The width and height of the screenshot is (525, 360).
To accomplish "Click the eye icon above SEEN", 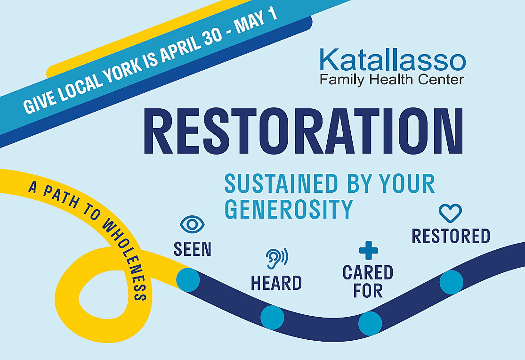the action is point(192,224).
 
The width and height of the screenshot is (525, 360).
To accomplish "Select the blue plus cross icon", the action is point(368,250).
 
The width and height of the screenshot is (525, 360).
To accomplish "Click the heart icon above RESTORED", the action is point(450,213).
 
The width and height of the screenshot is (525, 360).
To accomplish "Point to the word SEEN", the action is point(193,249).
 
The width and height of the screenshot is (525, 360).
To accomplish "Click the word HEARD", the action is point(276,283).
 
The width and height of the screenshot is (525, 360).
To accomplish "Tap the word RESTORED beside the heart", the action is point(451,236).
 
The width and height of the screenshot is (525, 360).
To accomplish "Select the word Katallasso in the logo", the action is point(392,60).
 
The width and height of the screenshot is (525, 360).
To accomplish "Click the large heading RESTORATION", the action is point(303,131).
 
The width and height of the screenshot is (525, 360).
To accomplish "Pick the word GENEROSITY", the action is point(289,209).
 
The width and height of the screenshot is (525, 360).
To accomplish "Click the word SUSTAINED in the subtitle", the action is point(281,183).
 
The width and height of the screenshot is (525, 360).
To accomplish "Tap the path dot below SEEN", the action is point(188,279).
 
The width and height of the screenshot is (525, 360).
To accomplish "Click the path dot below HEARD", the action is point(272,318).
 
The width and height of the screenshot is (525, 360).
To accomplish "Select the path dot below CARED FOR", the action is point(370,323).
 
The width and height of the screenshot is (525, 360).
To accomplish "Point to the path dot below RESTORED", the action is point(452,282).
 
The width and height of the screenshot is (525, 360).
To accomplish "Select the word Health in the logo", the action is point(392,80).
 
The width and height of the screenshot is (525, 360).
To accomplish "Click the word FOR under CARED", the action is point(368,291).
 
